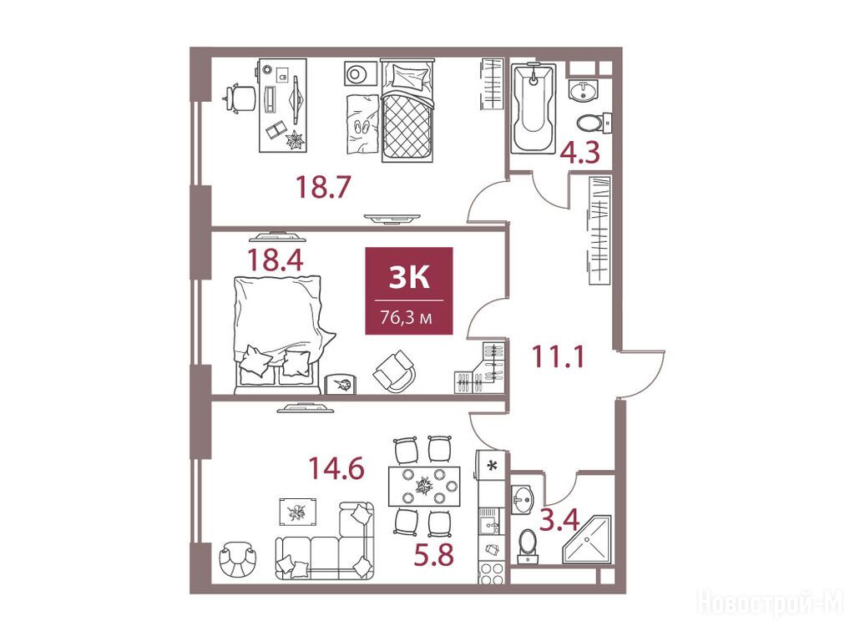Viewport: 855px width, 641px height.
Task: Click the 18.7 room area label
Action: [321, 186]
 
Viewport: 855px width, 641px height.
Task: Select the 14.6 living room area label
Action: [336, 467]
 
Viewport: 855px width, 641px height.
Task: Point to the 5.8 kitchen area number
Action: [433, 555]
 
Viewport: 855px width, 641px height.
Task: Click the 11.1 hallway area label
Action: [558, 356]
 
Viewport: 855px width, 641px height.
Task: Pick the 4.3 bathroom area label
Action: [581, 153]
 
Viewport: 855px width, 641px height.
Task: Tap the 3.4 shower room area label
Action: [559, 519]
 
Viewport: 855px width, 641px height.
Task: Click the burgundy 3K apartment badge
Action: [409, 290]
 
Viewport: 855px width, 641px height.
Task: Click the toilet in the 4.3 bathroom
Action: [594, 122]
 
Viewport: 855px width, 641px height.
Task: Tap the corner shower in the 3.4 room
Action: [587, 540]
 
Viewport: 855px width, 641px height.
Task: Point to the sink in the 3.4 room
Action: [524, 498]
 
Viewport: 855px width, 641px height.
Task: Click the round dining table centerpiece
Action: [424, 485]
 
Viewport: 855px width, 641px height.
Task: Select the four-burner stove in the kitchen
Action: [491, 573]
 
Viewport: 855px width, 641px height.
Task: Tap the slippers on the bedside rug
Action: [362, 127]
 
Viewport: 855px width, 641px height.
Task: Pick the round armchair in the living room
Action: [239, 560]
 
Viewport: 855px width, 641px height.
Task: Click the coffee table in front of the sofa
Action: [298, 512]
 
